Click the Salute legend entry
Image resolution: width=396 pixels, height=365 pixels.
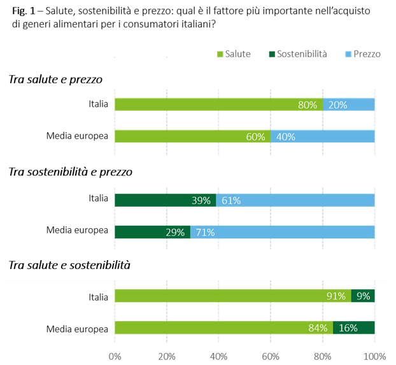pyautogui.click(x=234, y=53)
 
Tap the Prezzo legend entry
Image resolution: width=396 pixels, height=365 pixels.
pyautogui.click(x=362, y=53)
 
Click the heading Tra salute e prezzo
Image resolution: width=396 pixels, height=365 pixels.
pyautogui.click(x=55, y=79)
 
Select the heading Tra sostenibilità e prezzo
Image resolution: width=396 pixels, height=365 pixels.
pyautogui.click(x=70, y=172)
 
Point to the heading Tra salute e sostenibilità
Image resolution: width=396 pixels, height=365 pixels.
pyautogui.click(x=69, y=265)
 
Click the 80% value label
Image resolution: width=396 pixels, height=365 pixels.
pyautogui.click(x=308, y=105)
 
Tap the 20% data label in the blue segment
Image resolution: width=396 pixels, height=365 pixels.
pyautogui.click(x=338, y=105)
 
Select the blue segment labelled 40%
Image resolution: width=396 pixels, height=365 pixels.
pyautogui.click(x=323, y=137)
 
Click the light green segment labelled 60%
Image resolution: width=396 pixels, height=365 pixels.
pyautogui.click(x=192, y=137)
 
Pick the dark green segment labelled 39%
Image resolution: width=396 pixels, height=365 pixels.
pyautogui.click(x=165, y=201)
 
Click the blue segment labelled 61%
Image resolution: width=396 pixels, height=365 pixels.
pyautogui.click(x=295, y=201)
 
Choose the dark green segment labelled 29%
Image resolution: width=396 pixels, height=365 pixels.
pyautogui.click(x=152, y=233)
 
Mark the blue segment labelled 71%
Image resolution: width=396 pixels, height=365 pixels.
pyautogui.click(x=283, y=233)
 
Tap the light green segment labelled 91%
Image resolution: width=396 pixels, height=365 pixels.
pyautogui.click(x=232, y=296)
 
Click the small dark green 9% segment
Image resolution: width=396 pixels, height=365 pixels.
pyautogui.click(x=364, y=296)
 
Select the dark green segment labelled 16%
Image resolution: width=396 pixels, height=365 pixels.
pyautogui.click(x=354, y=328)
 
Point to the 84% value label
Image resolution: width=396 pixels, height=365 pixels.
pyautogui.click(x=318, y=328)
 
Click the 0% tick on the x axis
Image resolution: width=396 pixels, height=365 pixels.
pyautogui.click(x=115, y=355)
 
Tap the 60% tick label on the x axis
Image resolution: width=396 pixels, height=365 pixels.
pyautogui.click(x=271, y=355)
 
